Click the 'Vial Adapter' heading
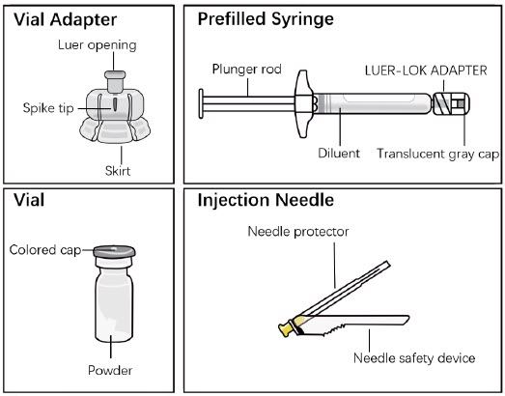[x=65, y=20]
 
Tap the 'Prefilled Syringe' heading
[x=266, y=19]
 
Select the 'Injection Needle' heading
[x=266, y=200]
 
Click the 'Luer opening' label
[x=98, y=45]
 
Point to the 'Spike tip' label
[x=48, y=108]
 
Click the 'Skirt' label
[x=118, y=171]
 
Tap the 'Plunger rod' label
[x=246, y=70]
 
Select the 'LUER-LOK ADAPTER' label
[x=426, y=71]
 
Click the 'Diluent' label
[x=339, y=153]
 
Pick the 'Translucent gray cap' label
[x=438, y=154]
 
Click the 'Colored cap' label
[x=45, y=250]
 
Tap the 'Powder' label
[x=110, y=370]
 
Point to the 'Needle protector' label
[x=298, y=232]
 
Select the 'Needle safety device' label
[x=414, y=358]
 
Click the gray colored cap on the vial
[x=114, y=252]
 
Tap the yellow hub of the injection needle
[x=286, y=329]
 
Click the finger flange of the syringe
[x=303, y=104]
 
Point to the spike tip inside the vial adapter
[x=114, y=104]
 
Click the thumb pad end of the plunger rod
[x=201, y=103]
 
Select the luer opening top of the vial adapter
[x=115, y=74]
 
